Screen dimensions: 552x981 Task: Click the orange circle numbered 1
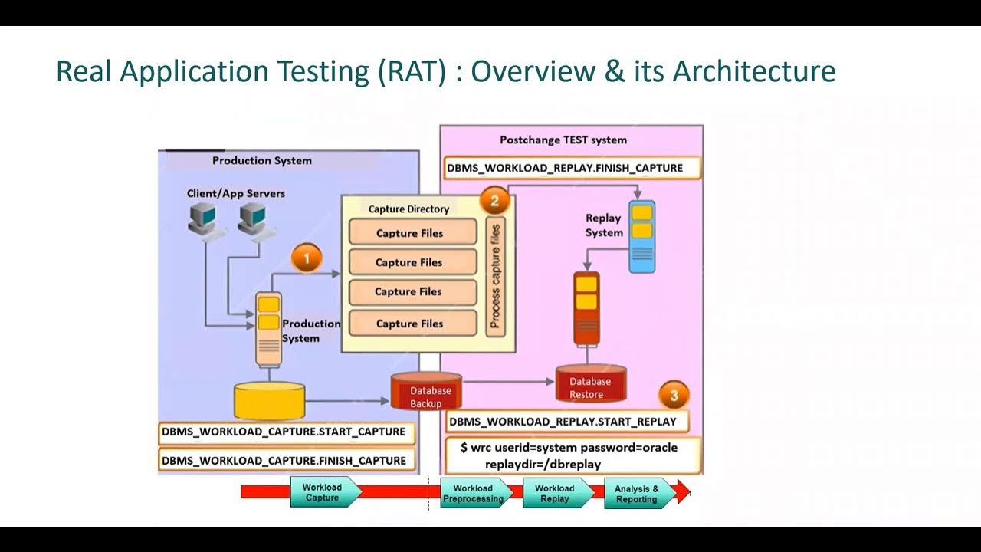[307, 258]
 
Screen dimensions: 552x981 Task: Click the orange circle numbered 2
[494, 202]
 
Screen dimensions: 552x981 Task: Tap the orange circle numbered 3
[674, 396]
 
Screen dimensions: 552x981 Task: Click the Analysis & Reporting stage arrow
[638, 494]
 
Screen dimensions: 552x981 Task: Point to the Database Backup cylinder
[426, 391]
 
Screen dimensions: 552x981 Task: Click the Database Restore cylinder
[591, 385]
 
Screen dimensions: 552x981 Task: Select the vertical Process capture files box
[495, 276]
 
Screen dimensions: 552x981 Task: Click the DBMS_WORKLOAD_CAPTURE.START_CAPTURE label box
[284, 432]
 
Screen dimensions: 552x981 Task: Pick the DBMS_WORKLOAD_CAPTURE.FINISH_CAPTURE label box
[284, 461]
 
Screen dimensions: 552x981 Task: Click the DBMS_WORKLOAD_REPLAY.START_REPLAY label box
[564, 421]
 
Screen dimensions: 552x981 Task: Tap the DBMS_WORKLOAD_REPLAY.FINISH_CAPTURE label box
[571, 168]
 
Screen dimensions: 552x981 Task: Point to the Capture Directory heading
[408, 209]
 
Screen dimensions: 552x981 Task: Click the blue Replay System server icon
[641, 237]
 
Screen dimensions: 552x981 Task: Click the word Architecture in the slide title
[754, 71]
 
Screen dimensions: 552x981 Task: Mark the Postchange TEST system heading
[563, 140]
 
